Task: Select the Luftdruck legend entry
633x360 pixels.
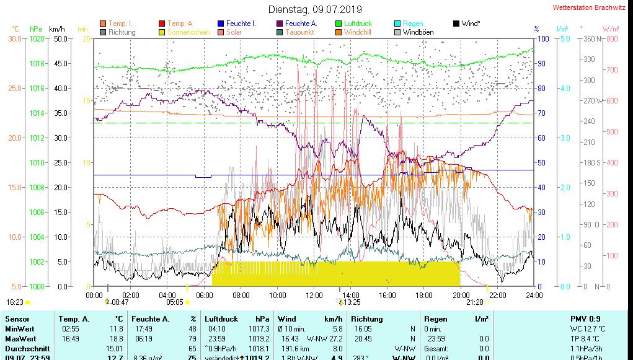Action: [358, 24]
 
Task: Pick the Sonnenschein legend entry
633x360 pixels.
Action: [184, 32]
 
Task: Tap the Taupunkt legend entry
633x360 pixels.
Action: [299, 32]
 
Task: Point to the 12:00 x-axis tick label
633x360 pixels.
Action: [314, 294]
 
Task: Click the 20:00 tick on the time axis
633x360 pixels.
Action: [461, 294]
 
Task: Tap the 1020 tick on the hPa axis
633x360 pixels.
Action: [36, 39]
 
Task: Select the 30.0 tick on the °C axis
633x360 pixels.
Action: [15, 39]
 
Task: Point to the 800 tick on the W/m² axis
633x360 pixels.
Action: [612, 39]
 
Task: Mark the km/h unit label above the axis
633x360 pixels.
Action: [57, 29]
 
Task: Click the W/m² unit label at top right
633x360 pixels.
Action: [611, 29]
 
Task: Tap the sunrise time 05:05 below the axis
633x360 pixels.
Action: [175, 302]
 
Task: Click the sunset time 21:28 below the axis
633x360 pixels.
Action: [475, 302]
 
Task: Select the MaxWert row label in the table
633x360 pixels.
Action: [20, 338]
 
